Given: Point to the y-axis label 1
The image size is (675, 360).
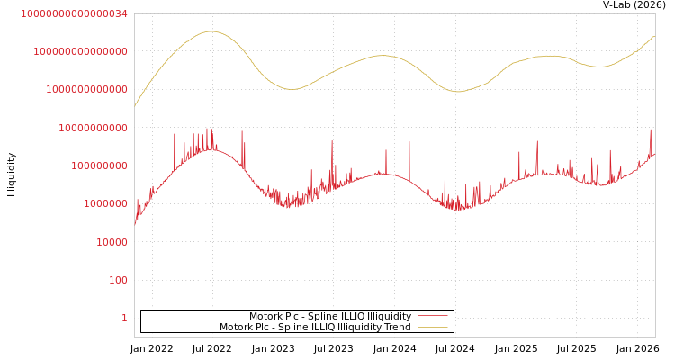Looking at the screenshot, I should pos(124,318).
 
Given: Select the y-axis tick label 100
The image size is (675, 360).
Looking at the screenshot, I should pos(118,280).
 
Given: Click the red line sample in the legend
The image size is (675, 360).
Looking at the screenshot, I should pos(432,317).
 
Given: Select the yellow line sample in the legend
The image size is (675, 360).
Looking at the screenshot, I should pos(432,328).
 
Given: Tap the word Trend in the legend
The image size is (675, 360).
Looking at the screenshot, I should pos(397,328).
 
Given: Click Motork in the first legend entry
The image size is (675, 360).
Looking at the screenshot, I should pos(265,317).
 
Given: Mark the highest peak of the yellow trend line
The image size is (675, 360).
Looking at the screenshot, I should pos(211,31).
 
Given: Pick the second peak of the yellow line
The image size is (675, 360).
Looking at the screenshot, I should pos(382,56).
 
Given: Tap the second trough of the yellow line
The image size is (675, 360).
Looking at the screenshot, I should pos(457,92).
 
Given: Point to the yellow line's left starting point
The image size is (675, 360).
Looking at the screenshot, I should pos(135,106).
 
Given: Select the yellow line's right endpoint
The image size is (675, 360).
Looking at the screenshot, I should pos(654,37).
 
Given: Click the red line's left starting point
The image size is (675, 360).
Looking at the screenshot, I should pos(135,224).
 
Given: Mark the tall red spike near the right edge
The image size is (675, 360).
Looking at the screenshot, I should pos(651,130).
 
